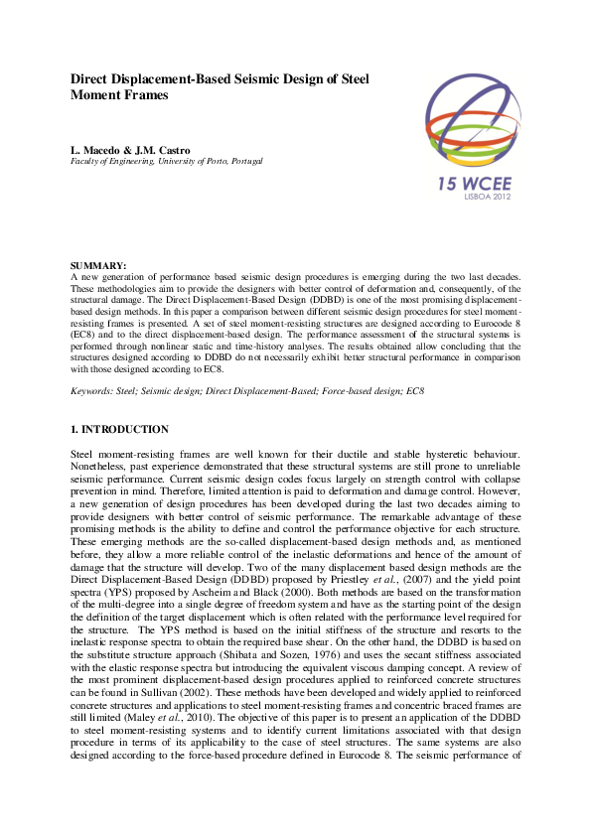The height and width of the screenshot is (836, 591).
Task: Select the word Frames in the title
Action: [x=145, y=95]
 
